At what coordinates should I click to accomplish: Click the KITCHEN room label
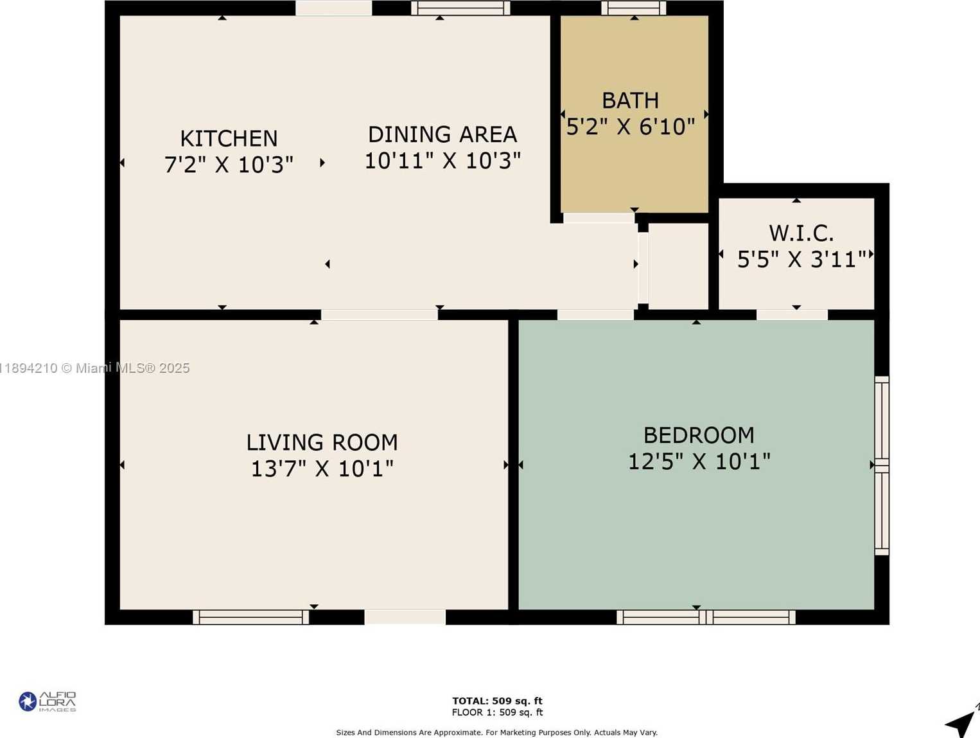pyautogui.click(x=229, y=138)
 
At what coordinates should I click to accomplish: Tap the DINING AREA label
pyautogui.click(x=442, y=134)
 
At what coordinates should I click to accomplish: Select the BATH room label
pyautogui.click(x=631, y=100)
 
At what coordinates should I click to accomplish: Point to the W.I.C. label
pyautogui.click(x=801, y=233)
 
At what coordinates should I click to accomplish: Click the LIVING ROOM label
pyautogui.click(x=322, y=443)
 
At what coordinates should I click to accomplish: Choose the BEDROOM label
pyautogui.click(x=699, y=436)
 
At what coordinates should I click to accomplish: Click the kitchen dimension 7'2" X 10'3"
pyautogui.click(x=229, y=165)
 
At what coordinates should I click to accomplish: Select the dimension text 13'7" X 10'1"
pyautogui.click(x=322, y=469)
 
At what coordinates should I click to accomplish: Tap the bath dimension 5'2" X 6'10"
pyautogui.click(x=631, y=127)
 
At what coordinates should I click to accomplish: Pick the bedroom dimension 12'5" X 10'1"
pyautogui.click(x=699, y=462)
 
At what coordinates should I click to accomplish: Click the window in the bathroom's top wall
pyautogui.click(x=634, y=8)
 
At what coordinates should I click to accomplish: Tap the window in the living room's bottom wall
pyautogui.click(x=251, y=617)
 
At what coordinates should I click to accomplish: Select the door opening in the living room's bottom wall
pyautogui.click(x=405, y=617)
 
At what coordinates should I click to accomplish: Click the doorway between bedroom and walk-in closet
pyautogui.click(x=792, y=314)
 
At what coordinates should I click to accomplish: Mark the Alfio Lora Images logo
pyautogui.click(x=48, y=701)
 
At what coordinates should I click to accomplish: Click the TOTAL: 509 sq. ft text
pyautogui.click(x=497, y=701)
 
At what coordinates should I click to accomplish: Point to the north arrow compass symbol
pyautogui.click(x=963, y=721)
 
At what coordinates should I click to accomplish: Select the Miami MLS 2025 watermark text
pyautogui.click(x=94, y=368)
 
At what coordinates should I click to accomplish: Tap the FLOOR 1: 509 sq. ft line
pyautogui.click(x=497, y=712)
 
